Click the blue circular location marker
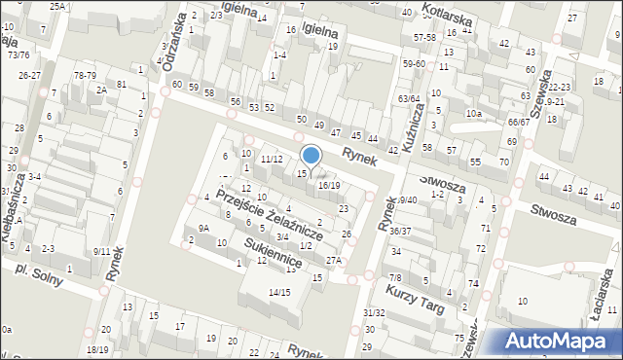[311, 155]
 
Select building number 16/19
[329, 185]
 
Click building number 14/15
[279, 292]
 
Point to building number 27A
[334, 260]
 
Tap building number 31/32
[374, 312]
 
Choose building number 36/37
[400, 231]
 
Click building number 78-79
[85, 75]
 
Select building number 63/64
[409, 98]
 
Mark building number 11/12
[272, 159]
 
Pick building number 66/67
[518, 122]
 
